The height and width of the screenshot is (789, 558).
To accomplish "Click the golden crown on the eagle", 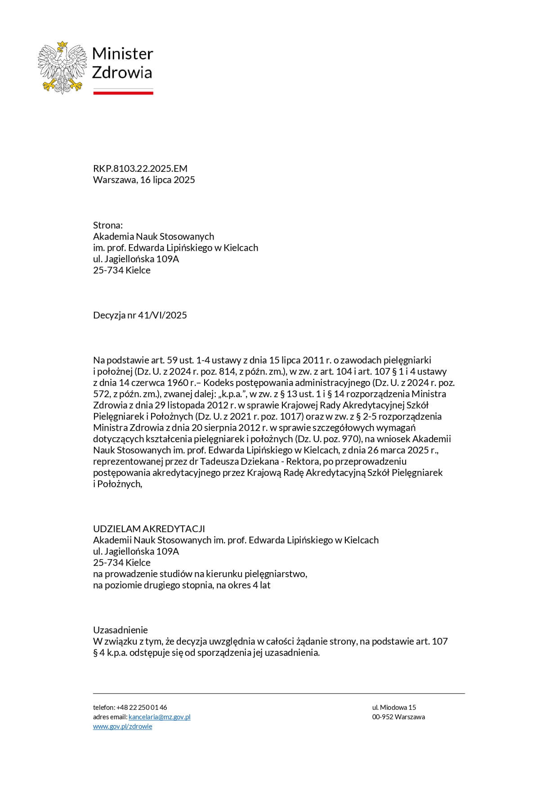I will click(62, 45).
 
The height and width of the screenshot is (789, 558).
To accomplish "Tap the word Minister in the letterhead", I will click(122, 54).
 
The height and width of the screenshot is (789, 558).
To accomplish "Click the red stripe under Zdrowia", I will click(123, 93).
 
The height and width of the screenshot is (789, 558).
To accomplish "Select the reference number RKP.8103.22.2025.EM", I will click(140, 169).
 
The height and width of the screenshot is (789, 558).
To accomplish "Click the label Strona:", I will click(108, 225).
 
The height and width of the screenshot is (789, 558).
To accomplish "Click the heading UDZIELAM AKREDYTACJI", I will click(149, 529).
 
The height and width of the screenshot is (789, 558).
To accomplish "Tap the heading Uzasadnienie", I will click(120, 630).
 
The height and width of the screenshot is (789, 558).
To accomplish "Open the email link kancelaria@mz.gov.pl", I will click(159, 717).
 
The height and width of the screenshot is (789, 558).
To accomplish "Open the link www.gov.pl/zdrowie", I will click(122, 726).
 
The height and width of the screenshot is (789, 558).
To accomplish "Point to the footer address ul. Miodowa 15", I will click(394, 708).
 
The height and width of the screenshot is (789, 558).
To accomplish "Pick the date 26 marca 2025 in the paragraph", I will click(390, 450).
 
